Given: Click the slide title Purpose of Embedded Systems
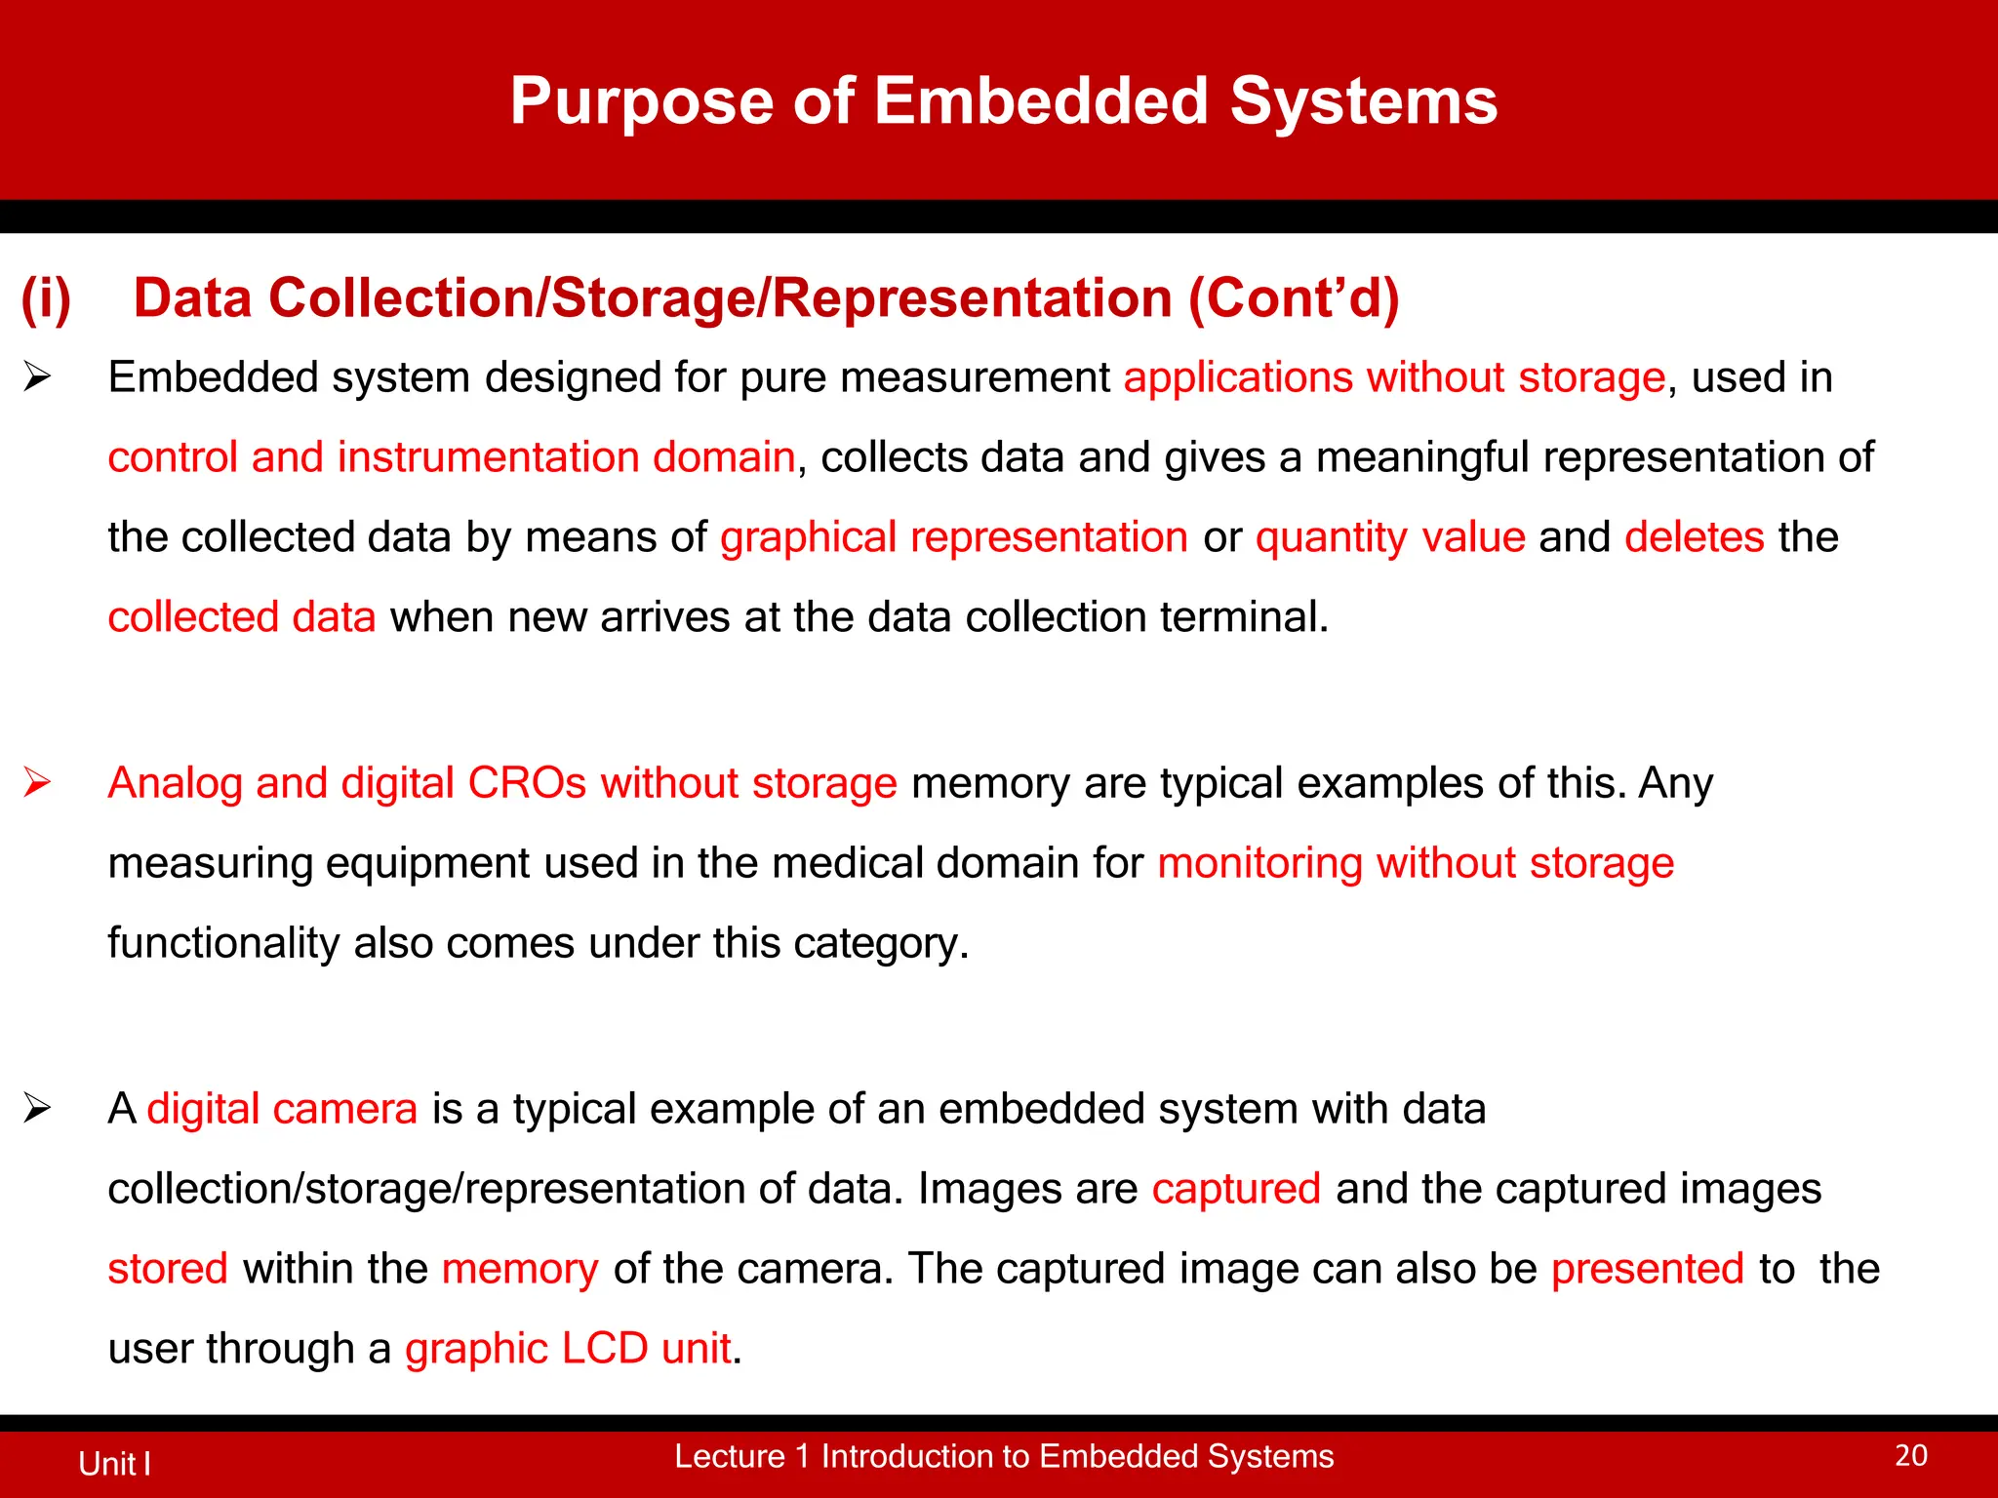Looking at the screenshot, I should click(1003, 101).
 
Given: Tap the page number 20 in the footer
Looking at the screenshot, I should click(1910, 1456).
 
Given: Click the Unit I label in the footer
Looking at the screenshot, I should click(114, 1464).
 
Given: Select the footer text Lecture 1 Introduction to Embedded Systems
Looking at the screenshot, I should click(1004, 1456).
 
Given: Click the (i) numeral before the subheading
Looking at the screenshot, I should click(46, 298).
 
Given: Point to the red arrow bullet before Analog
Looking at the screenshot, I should click(37, 782).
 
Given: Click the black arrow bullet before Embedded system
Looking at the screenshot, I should click(37, 376).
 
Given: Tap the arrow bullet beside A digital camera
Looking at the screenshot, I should click(37, 1108).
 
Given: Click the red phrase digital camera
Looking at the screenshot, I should click(282, 1110).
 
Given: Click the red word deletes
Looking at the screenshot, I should click(1694, 537).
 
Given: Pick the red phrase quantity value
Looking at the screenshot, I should click(1389, 538).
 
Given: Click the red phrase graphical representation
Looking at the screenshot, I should click(953, 538).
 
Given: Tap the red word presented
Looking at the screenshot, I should click(1647, 1270).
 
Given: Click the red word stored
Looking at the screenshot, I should click(168, 1270).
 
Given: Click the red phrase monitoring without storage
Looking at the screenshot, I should click(1415, 864).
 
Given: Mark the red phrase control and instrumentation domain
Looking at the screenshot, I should click(451, 457).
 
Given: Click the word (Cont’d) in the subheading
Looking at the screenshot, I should click(1293, 298).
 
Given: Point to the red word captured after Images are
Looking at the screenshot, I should click(1235, 1189).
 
